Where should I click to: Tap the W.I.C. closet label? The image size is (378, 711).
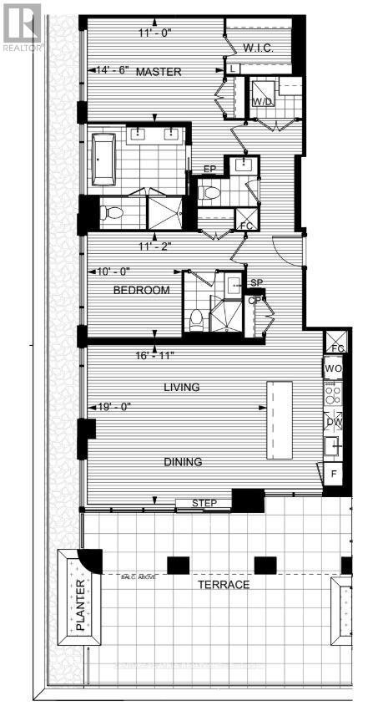click(260, 48)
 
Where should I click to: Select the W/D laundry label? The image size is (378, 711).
click(262, 102)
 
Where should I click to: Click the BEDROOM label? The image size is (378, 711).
click(141, 290)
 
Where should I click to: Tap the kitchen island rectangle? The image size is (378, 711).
click(280, 419)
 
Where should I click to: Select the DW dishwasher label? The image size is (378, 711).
click(334, 422)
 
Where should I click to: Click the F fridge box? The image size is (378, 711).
click(334, 475)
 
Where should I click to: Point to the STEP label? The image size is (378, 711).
click(204, 503)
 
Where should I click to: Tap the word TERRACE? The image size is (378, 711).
click(222, 585)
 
